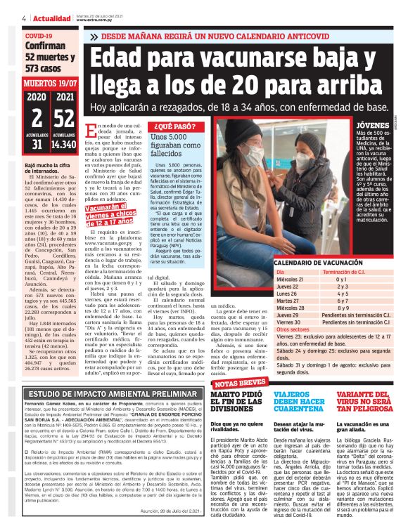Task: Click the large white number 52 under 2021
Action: point(64,118)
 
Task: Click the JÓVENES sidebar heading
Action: point(374,124)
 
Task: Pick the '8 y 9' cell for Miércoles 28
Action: point(343,306)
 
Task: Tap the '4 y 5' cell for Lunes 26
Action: point(343,293)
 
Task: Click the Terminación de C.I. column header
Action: point(348,271)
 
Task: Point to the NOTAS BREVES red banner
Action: point(240,383)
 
